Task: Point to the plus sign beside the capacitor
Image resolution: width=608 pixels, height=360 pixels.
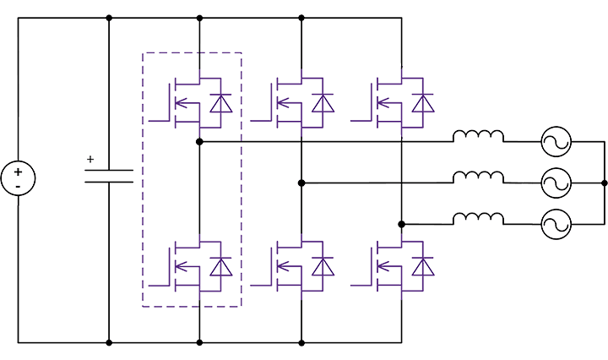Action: pos(91,158)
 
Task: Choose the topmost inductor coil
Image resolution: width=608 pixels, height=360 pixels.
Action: pos(479,136)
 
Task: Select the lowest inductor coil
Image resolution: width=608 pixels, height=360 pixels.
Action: pos(479,220)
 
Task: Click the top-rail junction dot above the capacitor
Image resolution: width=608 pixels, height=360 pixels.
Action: pos(110,18)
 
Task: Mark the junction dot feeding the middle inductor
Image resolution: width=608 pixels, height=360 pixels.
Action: pos(301,182)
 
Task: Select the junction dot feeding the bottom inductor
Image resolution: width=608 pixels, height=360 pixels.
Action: pos(402,225)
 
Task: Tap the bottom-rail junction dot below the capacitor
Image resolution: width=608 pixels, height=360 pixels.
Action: pos(110,342)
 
